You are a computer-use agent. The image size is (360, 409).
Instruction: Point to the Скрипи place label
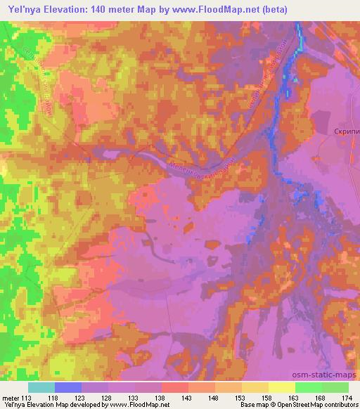tap(345, 131)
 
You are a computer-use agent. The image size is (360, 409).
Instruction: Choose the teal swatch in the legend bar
tap(41, 387)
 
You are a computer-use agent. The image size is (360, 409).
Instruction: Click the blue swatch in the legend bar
tap(68, 387)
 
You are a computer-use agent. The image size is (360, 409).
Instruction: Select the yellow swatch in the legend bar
tap(282, 387)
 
